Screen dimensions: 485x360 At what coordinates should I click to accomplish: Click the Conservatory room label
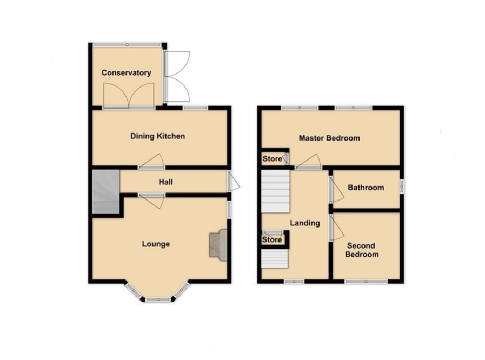tap(126, 73)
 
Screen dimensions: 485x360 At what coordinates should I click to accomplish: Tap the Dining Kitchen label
tap(157, 136)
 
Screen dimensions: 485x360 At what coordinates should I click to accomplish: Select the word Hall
tap(166, 182)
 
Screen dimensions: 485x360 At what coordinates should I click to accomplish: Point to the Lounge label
tap(156, 244)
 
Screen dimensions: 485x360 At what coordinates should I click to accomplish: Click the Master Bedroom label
tap(329, 138)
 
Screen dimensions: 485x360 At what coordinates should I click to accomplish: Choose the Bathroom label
tap(366, 188)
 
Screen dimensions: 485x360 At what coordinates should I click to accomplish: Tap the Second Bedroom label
tap(362, 250)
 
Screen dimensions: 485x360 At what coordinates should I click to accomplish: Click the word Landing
tap(305, 223)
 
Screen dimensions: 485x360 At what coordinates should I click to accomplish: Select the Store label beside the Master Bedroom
tap(272, 159)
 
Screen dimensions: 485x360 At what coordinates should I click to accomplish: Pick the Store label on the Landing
tap(272, 239)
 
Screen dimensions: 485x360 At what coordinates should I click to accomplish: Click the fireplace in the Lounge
tap(218, 245)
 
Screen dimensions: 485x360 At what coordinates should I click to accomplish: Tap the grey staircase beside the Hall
tap(106, 191)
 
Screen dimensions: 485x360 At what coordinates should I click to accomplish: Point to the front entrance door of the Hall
tap(234, 181)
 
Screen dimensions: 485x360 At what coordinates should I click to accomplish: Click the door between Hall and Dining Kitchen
tap(152, 162)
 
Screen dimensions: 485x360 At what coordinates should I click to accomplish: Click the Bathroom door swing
tap(336, 190)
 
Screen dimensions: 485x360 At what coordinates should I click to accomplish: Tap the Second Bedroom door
tap(336, 228)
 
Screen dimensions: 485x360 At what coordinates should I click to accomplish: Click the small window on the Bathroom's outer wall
tap(402, 186)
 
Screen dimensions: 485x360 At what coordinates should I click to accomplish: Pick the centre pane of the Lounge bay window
tap(158, 299)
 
